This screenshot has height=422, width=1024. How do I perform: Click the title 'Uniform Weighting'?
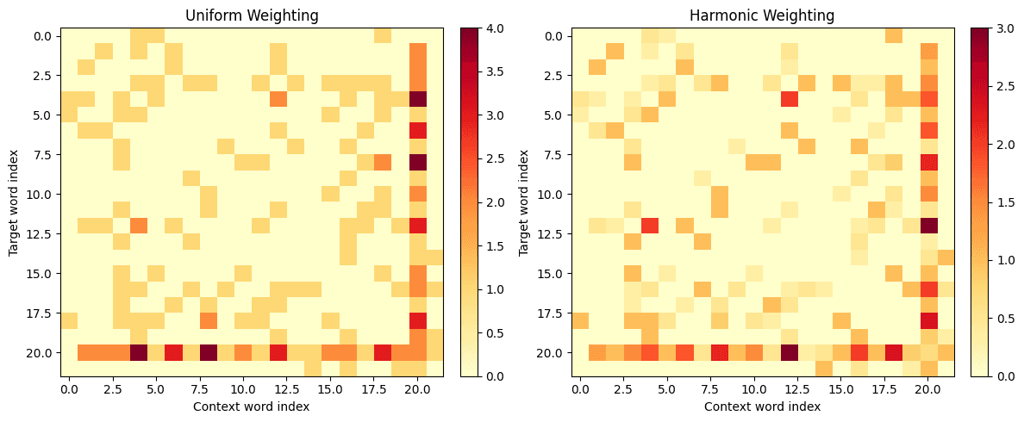(252, 16)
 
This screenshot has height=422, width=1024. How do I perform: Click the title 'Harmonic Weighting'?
(763, 16)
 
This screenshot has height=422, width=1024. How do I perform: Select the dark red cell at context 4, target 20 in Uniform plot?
(139, 352)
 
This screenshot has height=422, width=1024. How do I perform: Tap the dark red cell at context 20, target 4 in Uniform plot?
(418, 99)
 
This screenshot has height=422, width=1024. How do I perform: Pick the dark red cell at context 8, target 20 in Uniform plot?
(209, 352)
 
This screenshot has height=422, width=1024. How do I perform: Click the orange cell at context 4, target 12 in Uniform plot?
(139, 226)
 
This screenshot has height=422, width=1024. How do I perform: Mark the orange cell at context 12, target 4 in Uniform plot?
(278, 99)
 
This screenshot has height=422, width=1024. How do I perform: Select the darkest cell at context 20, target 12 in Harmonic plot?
(928, 226)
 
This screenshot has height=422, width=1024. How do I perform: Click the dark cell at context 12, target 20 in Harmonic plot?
(789, 352)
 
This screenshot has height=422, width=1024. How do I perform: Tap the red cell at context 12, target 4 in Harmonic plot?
(789, 99)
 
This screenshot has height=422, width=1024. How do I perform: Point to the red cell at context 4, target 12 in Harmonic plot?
(650, 226)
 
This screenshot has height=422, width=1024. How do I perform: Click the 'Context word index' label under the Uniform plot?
(252, 406)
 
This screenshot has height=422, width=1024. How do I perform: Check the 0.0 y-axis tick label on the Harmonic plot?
(553, 36)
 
